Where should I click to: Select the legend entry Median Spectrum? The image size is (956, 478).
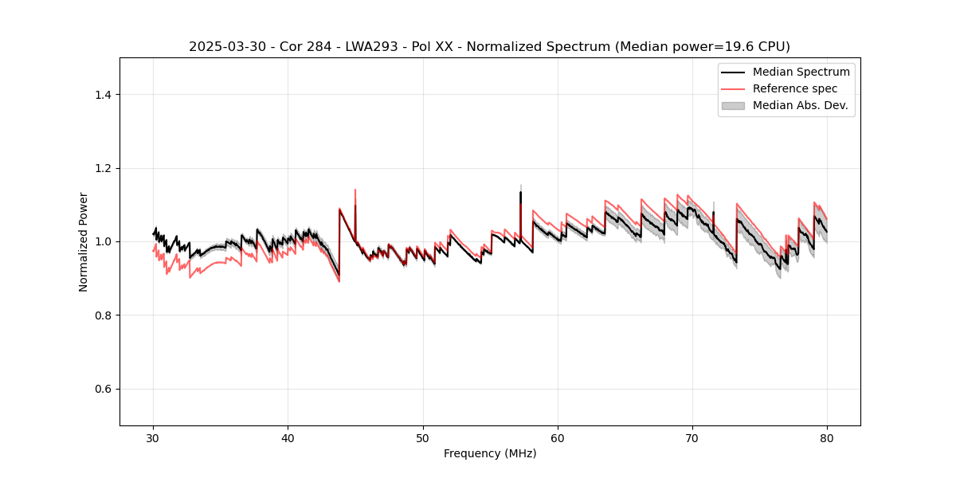(x=801, y=72)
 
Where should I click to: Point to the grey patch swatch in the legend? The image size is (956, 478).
(x=733, y=105)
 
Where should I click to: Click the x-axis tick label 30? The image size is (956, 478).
(x=154, y=438)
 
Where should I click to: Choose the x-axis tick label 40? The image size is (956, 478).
(x=288, y=438)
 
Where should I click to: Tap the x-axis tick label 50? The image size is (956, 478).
(x=423, y=438)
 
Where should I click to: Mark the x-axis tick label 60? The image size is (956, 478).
(x=558, y=438)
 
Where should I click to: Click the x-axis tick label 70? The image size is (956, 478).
(x=692, y=438)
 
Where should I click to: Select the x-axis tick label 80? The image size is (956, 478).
(x=827, y=438)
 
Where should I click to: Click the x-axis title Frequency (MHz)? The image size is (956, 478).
(x=490, y=454)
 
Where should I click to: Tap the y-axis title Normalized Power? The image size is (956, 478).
(x=84, y=241)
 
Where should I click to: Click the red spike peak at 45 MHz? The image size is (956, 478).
(x=355, y=190)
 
